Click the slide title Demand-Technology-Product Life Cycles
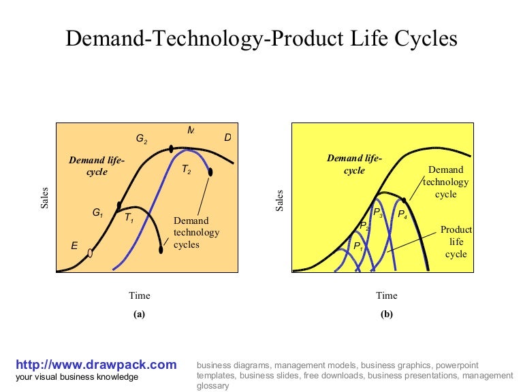click(x=261, y=38)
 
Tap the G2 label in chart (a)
click(x=142, y=139)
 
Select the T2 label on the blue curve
click(x=186, y=171)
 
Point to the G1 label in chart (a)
click(x=97, y=212)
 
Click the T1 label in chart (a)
click(x=129, y=218)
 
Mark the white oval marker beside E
click(x=90, y=253)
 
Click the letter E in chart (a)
click(x=74, y=246)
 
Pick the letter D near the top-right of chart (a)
click(x=227, y=138)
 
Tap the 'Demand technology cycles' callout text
click(x=196, y=232)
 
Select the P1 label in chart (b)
click(x=358, y=246)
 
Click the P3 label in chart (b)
click(x=378, y=213)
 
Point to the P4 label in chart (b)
click(x=402, y=214)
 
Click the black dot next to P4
click(x=405, y=200)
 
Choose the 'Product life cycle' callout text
click(x=456, y=242)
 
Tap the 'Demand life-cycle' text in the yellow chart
click(x=354, y=164)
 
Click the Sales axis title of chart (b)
click(x=279, y=200)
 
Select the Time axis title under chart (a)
click(x=140, y=295)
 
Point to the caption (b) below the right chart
click(x=386, y=314)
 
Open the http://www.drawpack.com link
click(x=96, y=365)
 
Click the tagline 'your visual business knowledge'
click(x=77, y=377)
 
